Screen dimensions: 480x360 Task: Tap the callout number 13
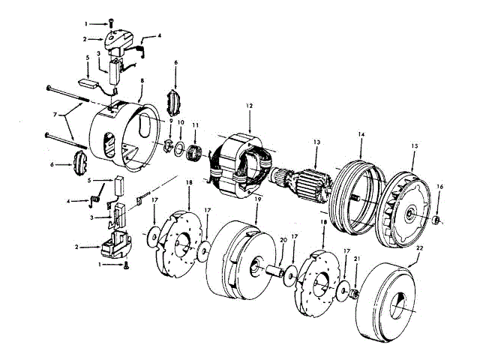point(316,141)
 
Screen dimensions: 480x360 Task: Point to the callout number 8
point(142,80)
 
